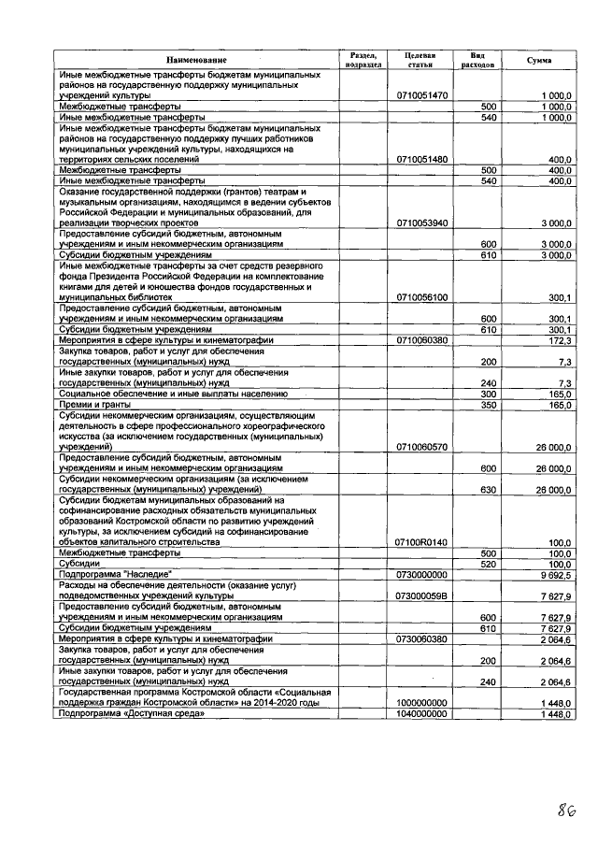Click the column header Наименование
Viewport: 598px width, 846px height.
pos(196,60)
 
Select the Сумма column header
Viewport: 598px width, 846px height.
pos(539,60)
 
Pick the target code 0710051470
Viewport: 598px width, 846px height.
pos(422,95)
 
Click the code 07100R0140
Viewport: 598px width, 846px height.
pos(422,542)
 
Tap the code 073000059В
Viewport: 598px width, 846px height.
pos(422,595)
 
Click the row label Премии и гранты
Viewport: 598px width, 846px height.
pos(92,405)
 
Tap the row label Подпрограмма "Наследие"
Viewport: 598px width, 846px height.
pos(116,575)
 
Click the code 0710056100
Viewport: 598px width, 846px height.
pos(422,297)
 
